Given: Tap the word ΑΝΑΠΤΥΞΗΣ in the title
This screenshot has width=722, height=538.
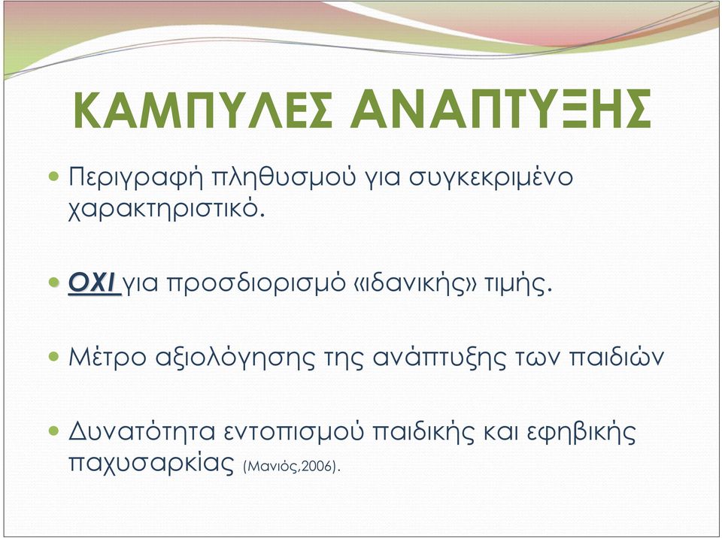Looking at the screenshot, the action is point(501,109).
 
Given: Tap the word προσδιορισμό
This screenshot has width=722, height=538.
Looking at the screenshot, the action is point(256,284).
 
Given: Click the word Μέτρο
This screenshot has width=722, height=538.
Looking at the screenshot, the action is point(108,357).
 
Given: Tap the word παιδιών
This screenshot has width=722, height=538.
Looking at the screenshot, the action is point(617,357).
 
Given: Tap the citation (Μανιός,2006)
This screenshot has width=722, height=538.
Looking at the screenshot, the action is point(292,467).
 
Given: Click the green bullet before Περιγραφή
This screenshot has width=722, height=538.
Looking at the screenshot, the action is point(54,176).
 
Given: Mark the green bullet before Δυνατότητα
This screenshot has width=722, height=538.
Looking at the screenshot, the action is point(54,431).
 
